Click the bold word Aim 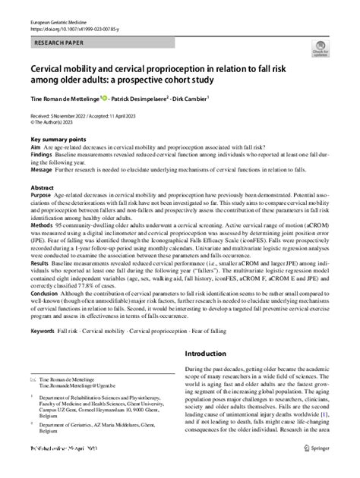click(x=36, y=149)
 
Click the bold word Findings click(x=43, y=157)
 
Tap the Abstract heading click(x=42, y=187)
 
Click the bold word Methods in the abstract click(x=43, y=225)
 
